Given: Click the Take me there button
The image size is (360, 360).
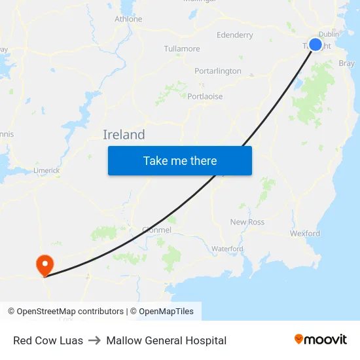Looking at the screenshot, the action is click(x=180, y=160).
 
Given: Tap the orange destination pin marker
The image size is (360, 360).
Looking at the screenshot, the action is click(x=45, y=265).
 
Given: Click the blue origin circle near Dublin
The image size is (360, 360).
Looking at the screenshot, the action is click(x=315, y=45).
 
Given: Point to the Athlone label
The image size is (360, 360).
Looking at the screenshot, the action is click(x=128, y=19).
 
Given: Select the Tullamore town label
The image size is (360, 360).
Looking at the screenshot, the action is click(x=182, y=48).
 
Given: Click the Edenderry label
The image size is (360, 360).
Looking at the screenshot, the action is click(x=234, y=35).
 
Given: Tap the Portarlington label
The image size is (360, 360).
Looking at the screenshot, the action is click(x=218, y=71).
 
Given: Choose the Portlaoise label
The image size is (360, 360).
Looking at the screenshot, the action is click(x=205, y=96).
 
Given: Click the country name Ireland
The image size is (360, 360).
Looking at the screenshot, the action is click(x=124, y=135).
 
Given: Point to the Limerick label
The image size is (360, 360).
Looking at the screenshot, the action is click(x=46, y=170).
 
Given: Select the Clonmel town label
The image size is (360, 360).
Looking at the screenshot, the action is click(x=156, y=230).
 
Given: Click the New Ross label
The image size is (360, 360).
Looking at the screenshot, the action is click(x=247, y=222).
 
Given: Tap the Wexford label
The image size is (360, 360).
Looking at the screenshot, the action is click(x=305, y=233).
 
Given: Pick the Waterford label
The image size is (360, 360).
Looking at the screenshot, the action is click(x=227, y=249).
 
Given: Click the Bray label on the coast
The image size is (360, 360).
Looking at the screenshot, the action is click(x=347, y=63).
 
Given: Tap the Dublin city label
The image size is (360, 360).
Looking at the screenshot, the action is click(x=329, y=34).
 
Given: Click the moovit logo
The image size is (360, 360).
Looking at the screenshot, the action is click(x=320, y=340).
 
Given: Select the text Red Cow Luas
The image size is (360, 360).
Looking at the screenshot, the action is click(x=48, y=340).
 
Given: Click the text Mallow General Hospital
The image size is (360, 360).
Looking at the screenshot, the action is click(x=166, y=340).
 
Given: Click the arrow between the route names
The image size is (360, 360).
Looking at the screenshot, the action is click(x=94, y=340).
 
